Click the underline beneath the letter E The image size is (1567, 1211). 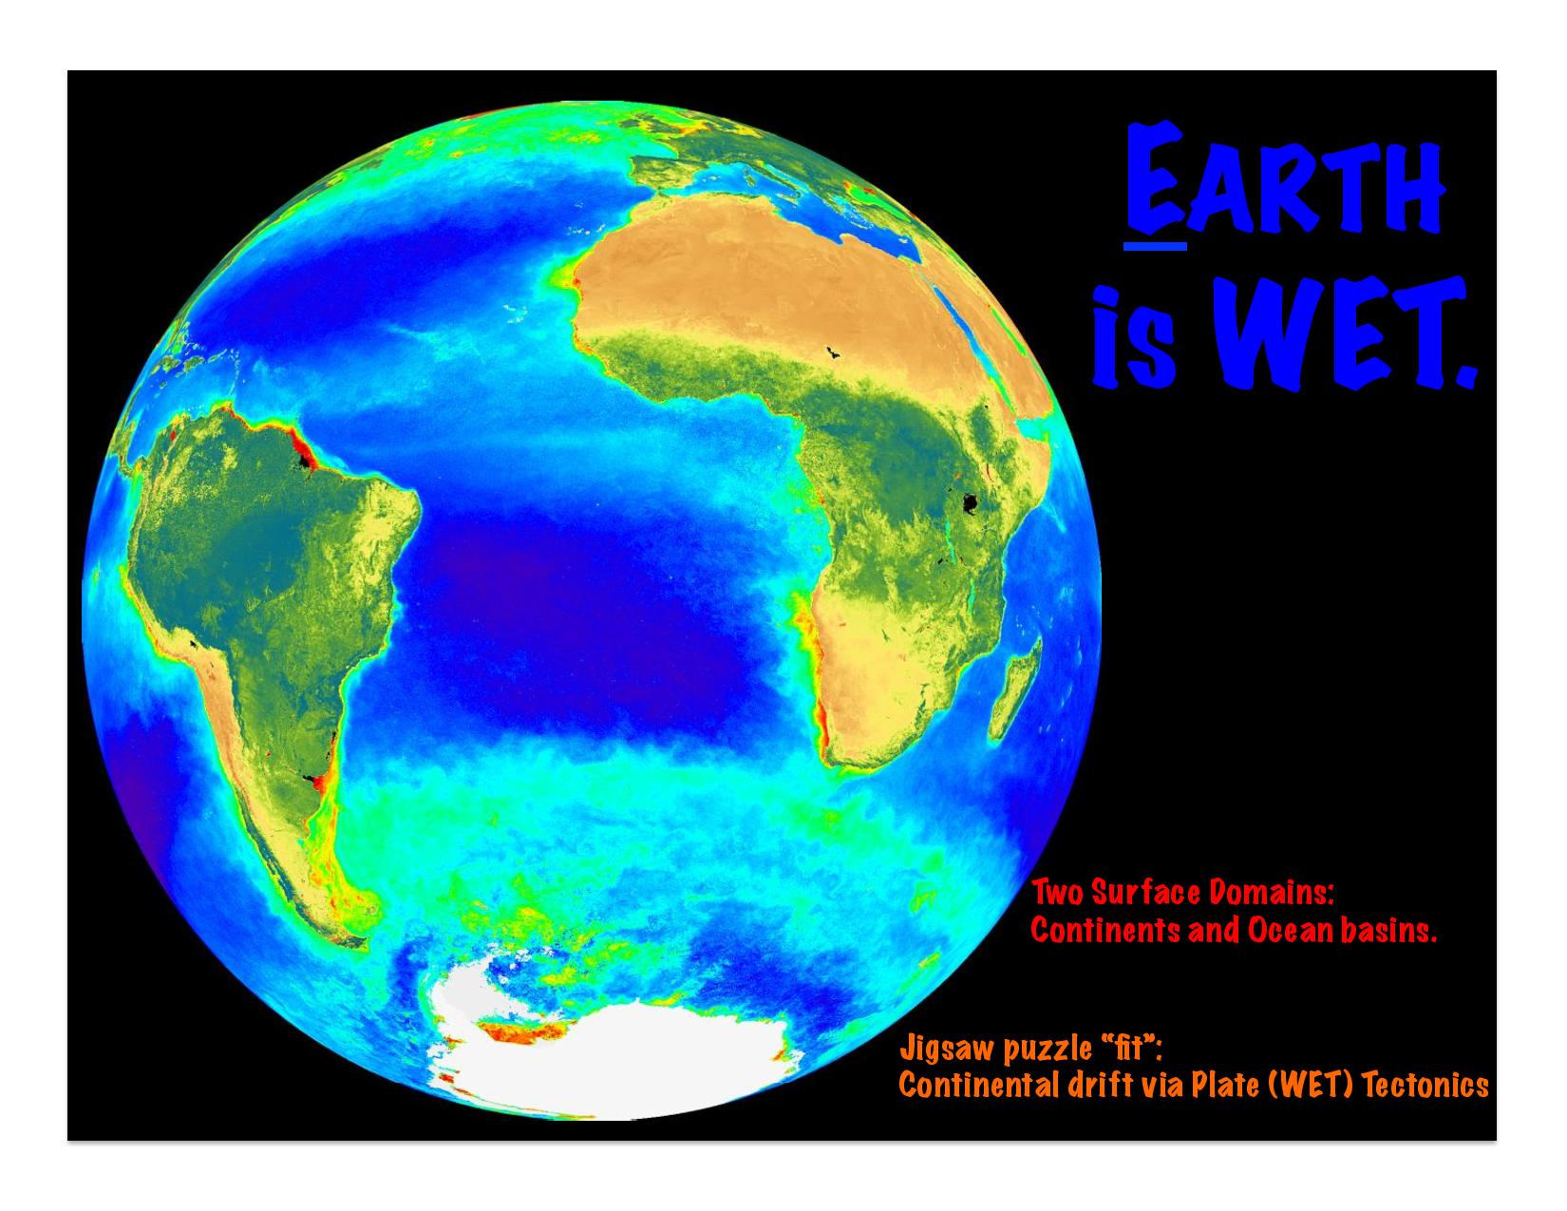point(1155,247)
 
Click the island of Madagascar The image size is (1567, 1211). point(1015,689)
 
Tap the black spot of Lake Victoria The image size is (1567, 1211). point(970,502)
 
